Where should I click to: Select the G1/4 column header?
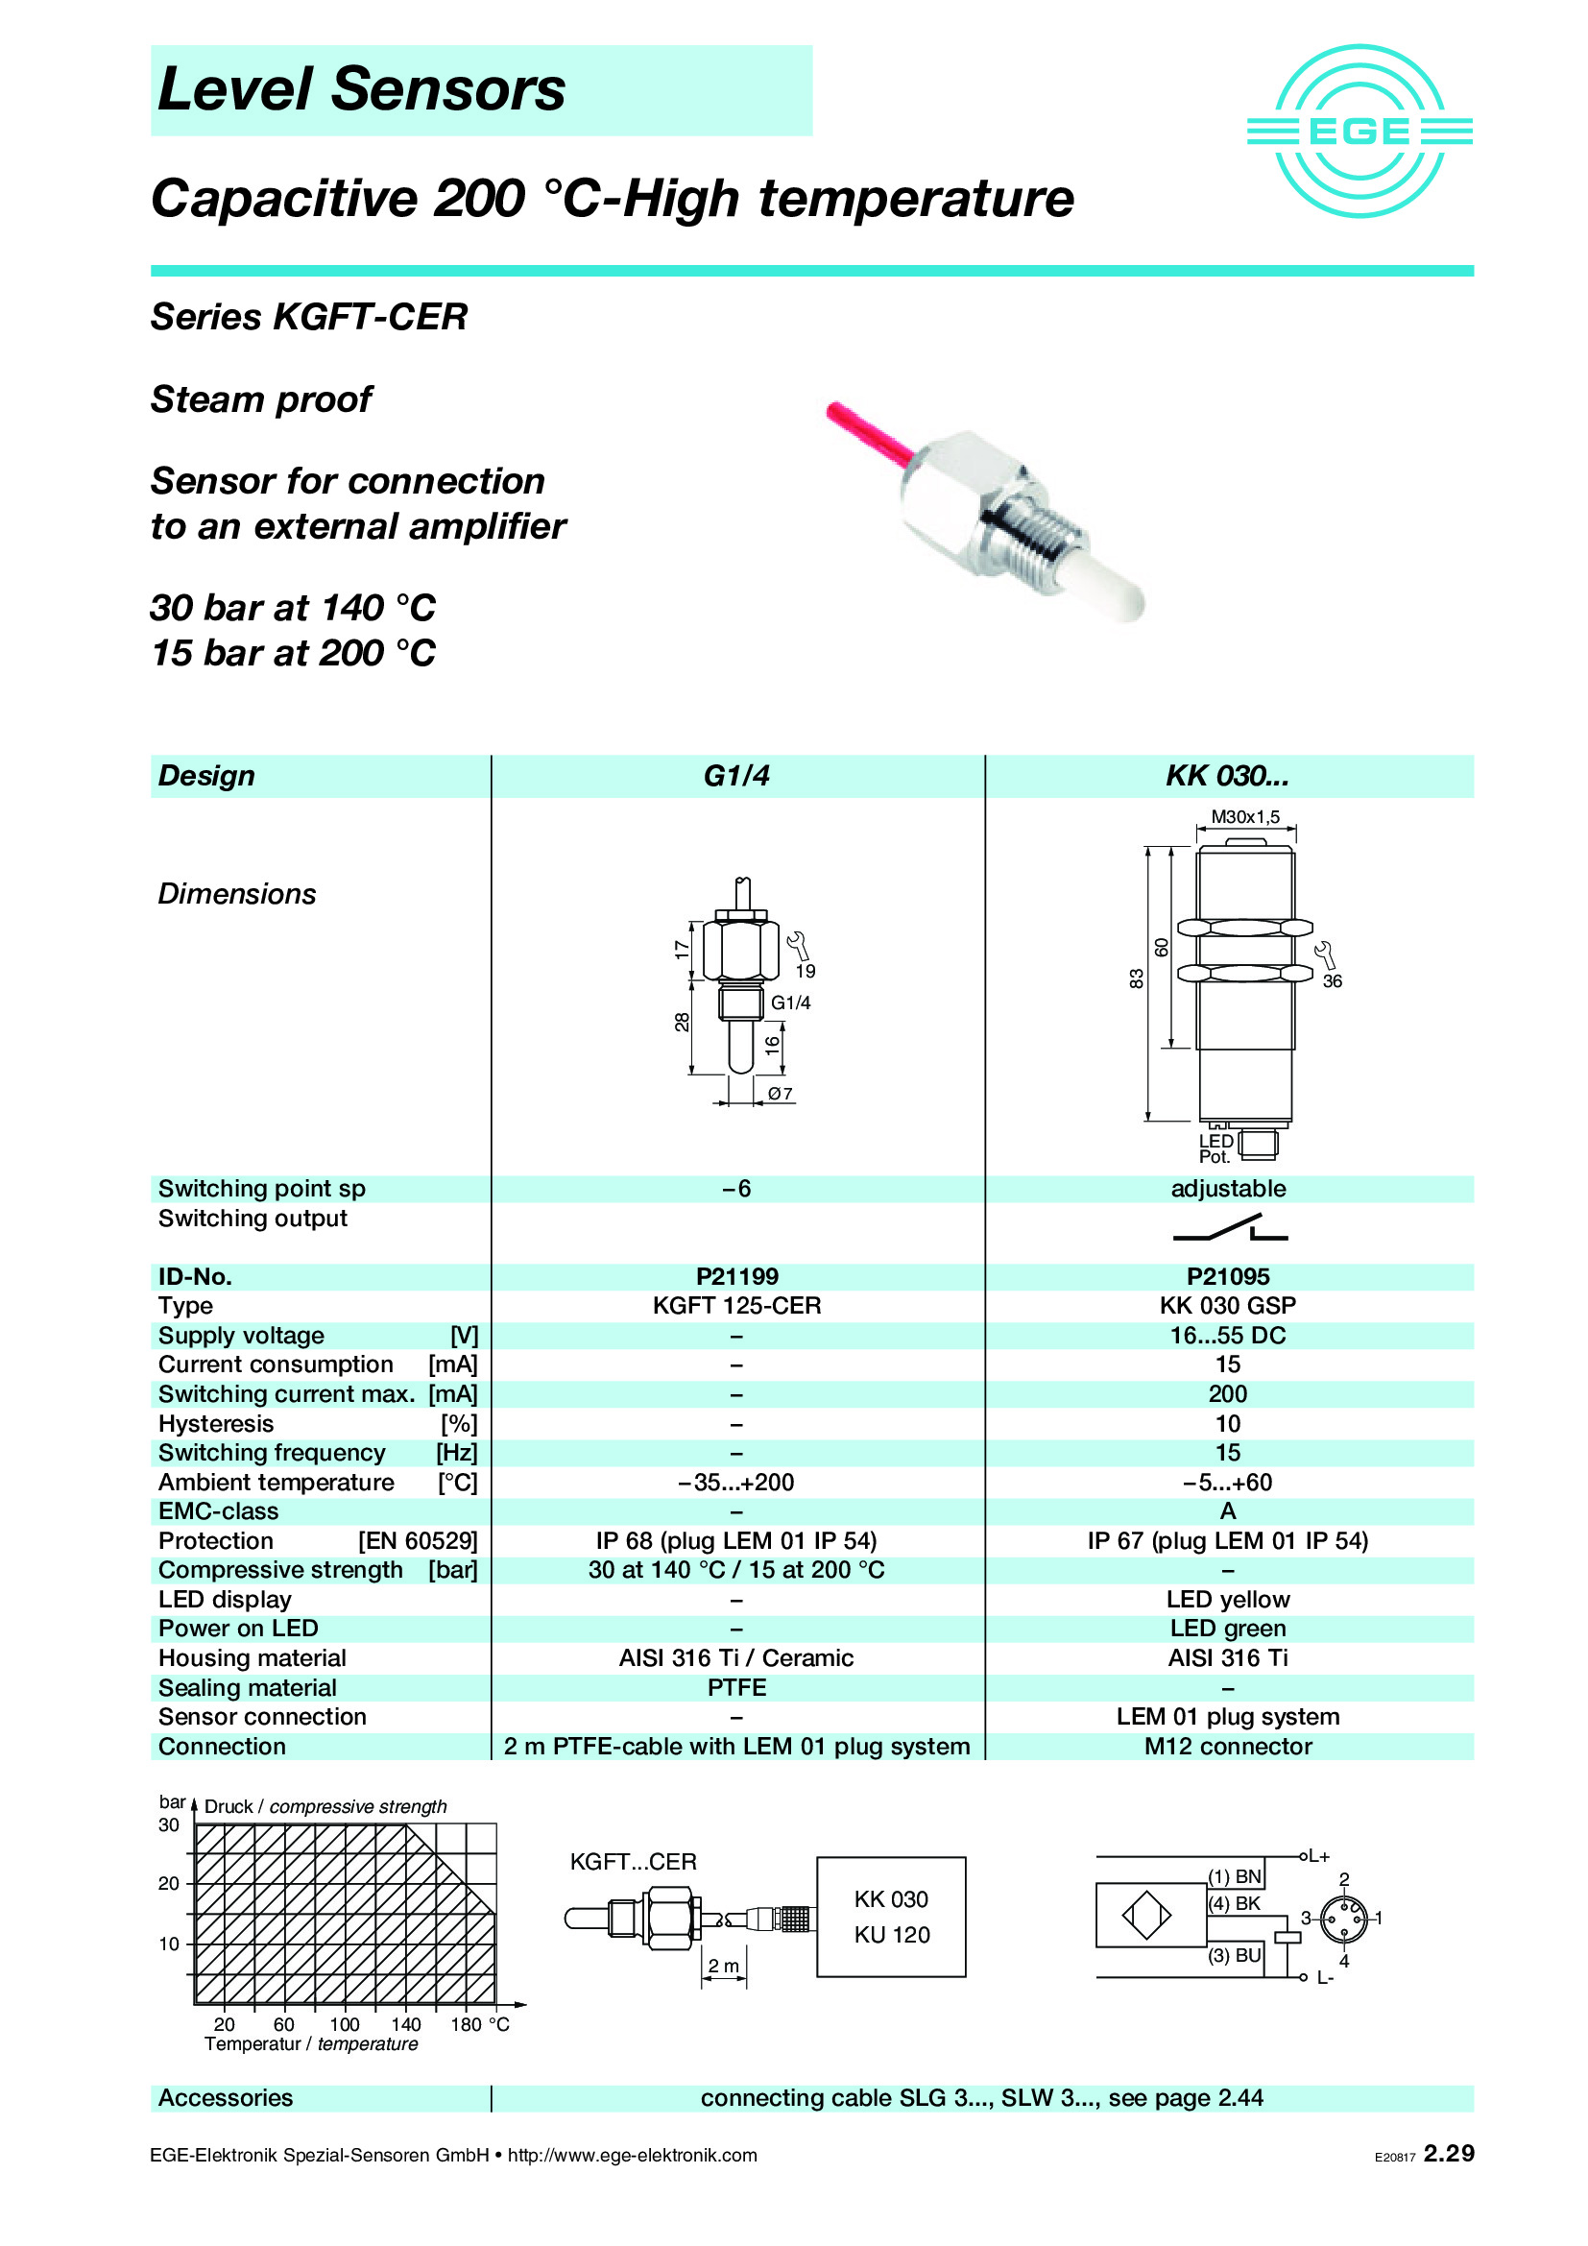pyautogui.click(x=736, y=776)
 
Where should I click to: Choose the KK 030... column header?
pyautogui.click(x=1227, y=776)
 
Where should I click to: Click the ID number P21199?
pyautogui.click(x=736, y=1276)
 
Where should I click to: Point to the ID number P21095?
pyautogui.click(x=1227, y=1276)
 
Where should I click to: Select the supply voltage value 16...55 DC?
pyautogui.click(x=1227, y=1336)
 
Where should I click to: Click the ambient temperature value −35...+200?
pyautogui.click(x=736, y=1482)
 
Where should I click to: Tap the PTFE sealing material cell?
pyautogui.click(x=736, y=1687)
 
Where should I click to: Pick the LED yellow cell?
pyautogui.click(x=1227, y=1600)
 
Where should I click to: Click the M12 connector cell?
pyautogui.click(x=1227, y=1746)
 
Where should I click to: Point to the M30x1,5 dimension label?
pyautogui.click(x=1245, y=817)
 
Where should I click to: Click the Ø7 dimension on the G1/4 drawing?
pyautogui.click(x=781, y=1094)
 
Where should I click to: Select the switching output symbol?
pyautogui.click(x=1230, y=1229)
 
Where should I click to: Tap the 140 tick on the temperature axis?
pyautogui.click(x=406, y=2024)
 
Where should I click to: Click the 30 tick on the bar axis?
pyautogui.click(x=169, y=1825)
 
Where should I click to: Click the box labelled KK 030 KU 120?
pyautogui.click(x=891, y=1917)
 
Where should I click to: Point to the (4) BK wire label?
pyautogui.click(x=1234, y=1903)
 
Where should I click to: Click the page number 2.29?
pyautogui.click(x=1448, y=2153)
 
